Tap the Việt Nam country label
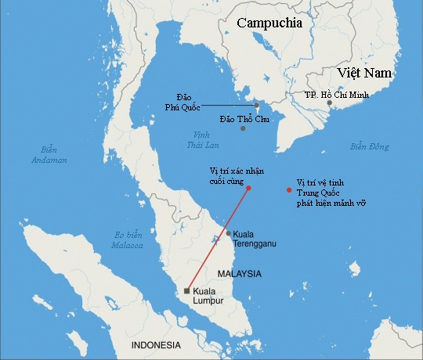pos(364,73)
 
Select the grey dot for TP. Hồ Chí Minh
pos(330,103)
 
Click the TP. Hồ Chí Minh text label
pos(336,94)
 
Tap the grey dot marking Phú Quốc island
pos(256,105)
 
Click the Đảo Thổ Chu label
pos(244,117)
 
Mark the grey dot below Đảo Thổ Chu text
pos(243,128)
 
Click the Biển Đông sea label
pos(370,146)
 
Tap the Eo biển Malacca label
pos(128,239)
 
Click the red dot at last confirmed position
pos(248,188)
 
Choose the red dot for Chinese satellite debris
pos(290,190)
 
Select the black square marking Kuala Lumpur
pos(186,291)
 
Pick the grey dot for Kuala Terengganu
pos(228,233)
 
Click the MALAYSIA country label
pos(239,274)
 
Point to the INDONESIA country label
pos(156,345)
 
